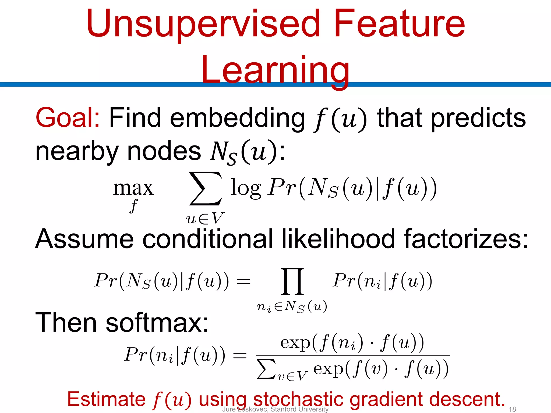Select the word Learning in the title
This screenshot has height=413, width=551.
pos(275,70)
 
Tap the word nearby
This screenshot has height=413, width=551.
pos(77,152)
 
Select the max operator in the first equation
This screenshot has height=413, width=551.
pos(133,188)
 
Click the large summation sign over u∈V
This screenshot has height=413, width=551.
pos(206,188)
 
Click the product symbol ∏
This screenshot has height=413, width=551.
pos(292,281)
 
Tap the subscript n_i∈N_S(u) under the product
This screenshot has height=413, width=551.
pos(292,307)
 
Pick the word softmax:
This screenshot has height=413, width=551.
pos(157,323)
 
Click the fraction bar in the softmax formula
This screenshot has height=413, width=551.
pos(352,356)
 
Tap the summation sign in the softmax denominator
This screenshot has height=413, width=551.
pos(266,369)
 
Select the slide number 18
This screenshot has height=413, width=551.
pos(512,409)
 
